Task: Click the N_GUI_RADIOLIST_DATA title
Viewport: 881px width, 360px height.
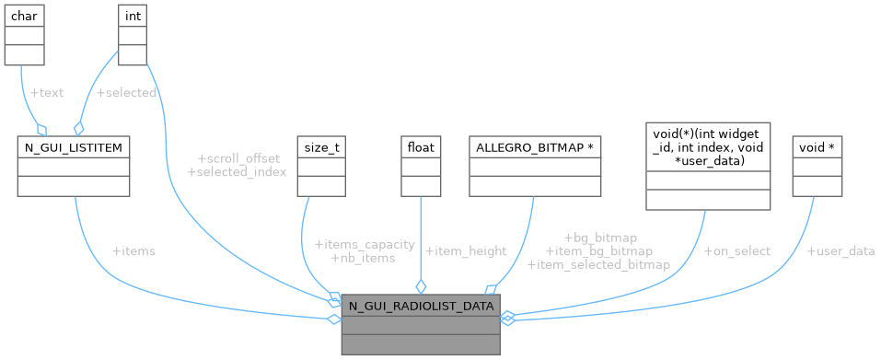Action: point(421,305)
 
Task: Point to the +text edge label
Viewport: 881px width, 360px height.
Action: point(48,93)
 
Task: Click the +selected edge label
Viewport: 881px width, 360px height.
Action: point(126,93)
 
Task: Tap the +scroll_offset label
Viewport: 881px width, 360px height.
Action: point(238,158)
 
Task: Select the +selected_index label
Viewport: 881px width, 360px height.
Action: point(237,172)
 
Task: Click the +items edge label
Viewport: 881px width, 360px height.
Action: point(133,251)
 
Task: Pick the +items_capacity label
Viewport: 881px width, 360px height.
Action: point(365,244)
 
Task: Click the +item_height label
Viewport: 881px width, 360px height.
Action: point(466,250)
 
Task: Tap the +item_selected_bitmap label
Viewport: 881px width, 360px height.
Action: point(598,264)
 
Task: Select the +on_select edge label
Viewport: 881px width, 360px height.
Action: point(736,250)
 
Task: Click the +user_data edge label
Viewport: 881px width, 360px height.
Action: point(840,250)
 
